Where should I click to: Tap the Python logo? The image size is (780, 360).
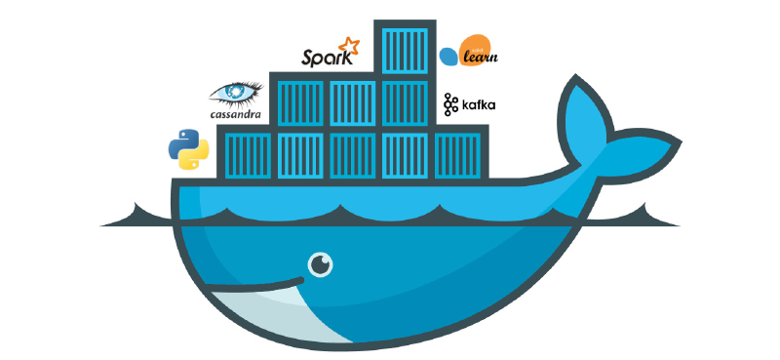coord(188,148)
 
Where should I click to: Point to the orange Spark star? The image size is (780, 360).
coord(348,46)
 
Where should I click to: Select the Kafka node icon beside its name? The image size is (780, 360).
coord(450,104)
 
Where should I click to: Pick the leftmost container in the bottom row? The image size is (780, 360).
coord(248,153)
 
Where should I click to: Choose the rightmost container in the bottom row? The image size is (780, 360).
coord(458,153)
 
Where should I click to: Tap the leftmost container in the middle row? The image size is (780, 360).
coord(300,100)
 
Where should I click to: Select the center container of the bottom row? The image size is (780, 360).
coord(353,153)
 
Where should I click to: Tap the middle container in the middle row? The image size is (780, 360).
coord(353,100)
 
